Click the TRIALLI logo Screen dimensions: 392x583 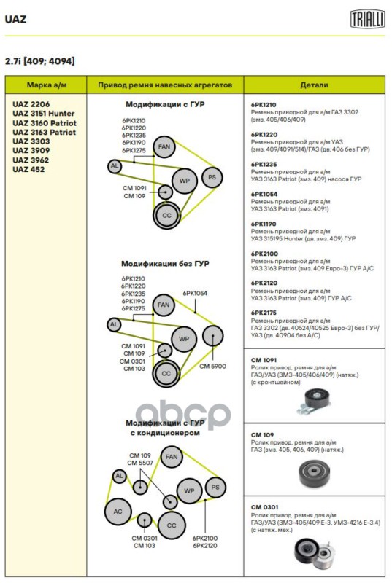coord(367,19)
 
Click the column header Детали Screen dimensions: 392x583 coord(314,85)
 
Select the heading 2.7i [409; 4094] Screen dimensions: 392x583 coord(40,61)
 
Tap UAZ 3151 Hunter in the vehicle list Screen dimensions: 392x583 coord(44,114)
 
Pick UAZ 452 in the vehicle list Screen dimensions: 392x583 coord(28,169)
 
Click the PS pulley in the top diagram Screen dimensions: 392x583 coord(212,177)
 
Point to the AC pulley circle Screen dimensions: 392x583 coord(118,512)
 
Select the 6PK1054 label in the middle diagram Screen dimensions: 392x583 coord(195,294)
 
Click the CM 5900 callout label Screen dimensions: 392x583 coord(212,367)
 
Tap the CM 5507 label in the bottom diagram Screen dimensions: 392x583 coord(140,463)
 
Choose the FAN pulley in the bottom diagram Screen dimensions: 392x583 coord(172,457)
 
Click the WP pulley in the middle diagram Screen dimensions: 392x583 coord(184,339)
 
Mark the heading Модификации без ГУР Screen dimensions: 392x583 coord(165,264)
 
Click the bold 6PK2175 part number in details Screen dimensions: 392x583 coord(264,313)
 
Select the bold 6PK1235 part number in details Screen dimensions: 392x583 coord(264,165)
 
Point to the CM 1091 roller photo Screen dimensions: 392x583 coord(314,402)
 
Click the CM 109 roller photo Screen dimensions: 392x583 coord(314,473)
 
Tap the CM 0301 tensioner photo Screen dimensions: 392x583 coord(315,553)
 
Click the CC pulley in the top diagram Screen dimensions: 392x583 coord(166,216)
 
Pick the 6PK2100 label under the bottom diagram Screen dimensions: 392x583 coord(204,538)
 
